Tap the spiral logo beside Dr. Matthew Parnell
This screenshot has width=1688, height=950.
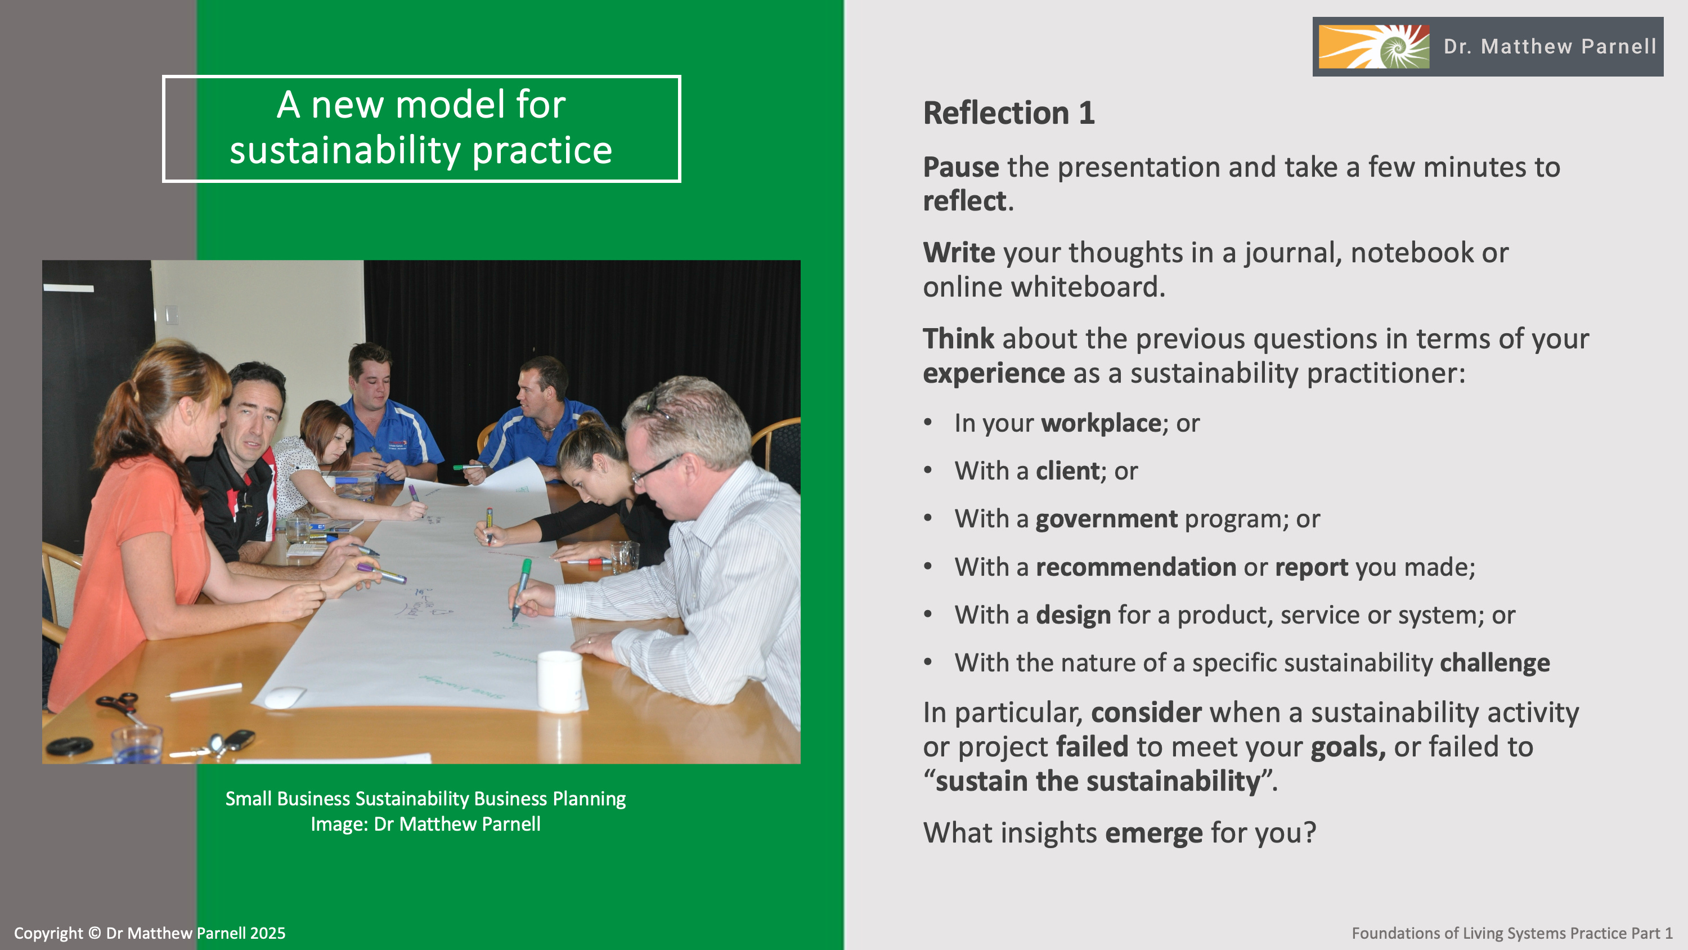(x=1374, y=47)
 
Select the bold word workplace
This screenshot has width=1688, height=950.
(x=1102, y=424)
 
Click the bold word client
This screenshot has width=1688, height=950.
(x=1067, y=470)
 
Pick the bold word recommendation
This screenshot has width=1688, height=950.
(x=1136, y=567)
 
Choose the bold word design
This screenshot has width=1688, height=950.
(x=1074, y=615)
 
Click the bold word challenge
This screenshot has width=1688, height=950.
(x=1494, y=663)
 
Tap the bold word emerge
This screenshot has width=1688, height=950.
(x=1154, y=834)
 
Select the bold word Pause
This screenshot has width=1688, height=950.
(x=961, y=167)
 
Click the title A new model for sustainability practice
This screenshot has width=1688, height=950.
(x=421, y=128)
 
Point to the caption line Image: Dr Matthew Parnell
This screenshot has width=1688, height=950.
(x=426, y=824)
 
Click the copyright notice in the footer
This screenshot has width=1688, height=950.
(x=150, y=933)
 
